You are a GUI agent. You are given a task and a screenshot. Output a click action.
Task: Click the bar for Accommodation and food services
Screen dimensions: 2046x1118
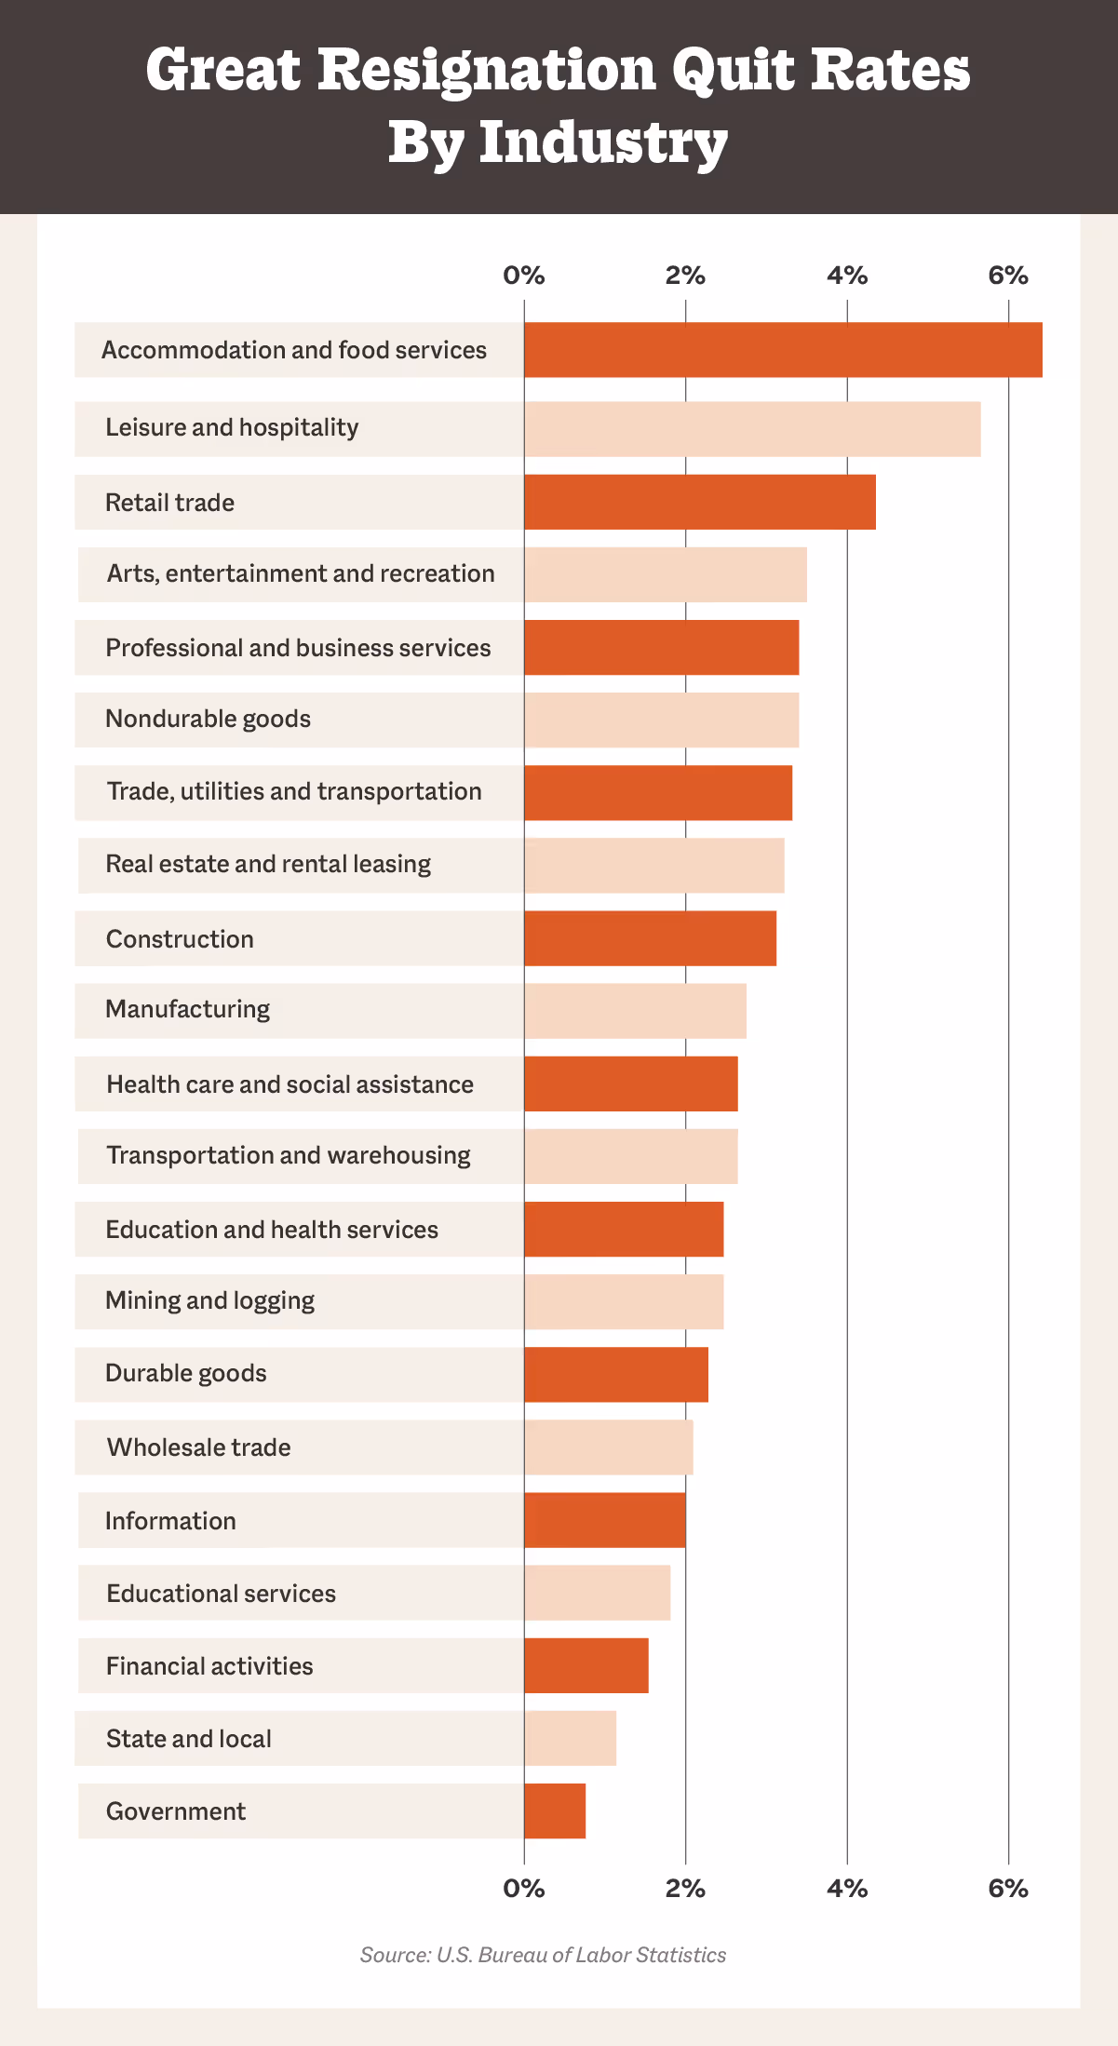pos(782,350)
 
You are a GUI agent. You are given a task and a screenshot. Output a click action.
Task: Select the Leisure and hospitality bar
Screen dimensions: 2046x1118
pos(752,429)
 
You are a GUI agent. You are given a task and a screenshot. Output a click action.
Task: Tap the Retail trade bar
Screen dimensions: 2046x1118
pos(699,503)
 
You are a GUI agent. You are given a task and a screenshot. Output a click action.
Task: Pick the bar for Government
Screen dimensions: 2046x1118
pos(555,1810)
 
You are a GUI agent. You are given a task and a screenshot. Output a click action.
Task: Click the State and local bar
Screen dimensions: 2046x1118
pos(570,1738)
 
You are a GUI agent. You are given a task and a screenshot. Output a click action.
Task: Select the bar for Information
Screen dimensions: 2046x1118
pos(604,1520)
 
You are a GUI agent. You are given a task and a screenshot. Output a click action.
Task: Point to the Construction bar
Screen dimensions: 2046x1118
pos(650,938)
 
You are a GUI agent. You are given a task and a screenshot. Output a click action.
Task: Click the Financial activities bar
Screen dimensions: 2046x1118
pos(586,1665)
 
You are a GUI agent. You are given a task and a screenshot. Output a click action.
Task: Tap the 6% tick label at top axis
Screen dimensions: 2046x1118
pos(1008,276)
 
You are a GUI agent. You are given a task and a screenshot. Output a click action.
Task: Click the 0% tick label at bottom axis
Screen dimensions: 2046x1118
pos(523,1888)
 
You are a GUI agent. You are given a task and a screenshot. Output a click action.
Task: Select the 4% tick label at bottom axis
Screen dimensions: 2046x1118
pos(847,1888)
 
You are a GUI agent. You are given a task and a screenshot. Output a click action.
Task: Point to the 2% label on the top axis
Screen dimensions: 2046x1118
pos(685,276)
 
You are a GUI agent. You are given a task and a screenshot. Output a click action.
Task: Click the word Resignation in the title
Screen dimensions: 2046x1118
pos(487,71)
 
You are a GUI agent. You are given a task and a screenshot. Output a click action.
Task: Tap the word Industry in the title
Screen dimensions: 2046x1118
pos(603,142)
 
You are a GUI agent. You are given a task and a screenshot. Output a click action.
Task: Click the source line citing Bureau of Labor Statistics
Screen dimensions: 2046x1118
pos(543,1955)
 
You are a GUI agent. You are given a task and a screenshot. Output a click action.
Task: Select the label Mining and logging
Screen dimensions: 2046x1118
pos(209,1300)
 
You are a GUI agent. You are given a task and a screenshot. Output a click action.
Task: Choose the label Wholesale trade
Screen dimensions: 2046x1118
pos(198,1447)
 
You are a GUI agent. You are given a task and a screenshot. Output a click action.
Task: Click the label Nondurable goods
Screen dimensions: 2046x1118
pos(208,719)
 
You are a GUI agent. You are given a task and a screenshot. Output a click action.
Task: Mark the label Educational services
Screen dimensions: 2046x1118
pos(221,1594)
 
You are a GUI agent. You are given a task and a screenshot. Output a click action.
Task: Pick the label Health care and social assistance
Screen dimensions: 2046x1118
pos(290,1084)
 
